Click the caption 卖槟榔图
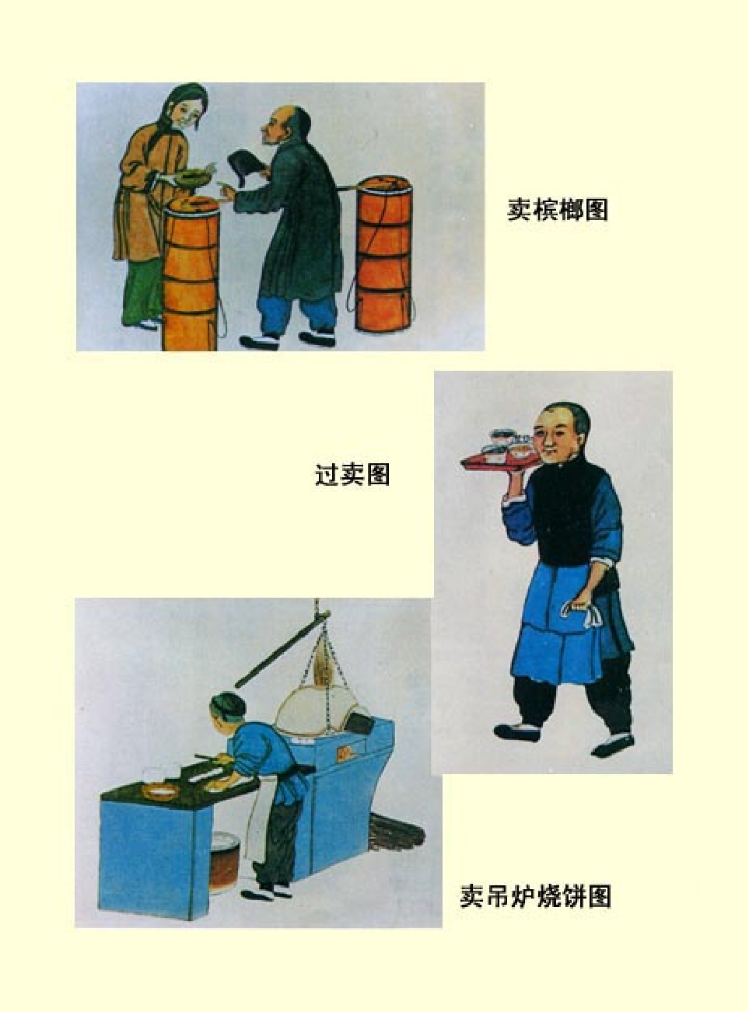point(558,210)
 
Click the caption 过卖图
point(352,474)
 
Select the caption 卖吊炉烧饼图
point(535,896)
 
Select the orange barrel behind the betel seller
point(383,256)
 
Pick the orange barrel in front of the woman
point(191,276)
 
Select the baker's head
point(228,711)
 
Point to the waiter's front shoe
point(516,731)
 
